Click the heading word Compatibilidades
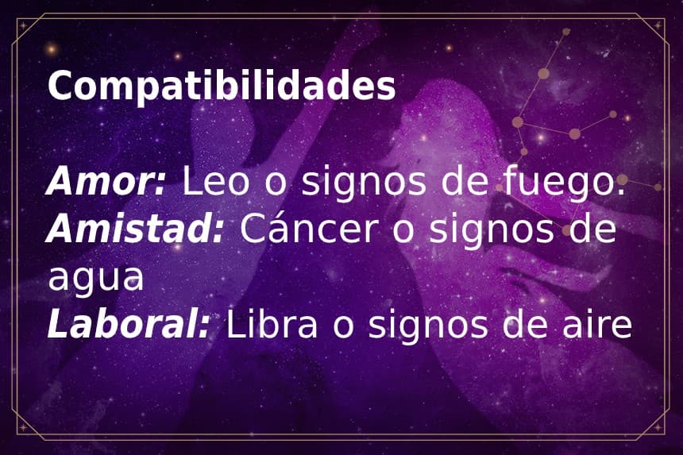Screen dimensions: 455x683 coord(222,87)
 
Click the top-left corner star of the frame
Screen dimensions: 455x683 coord(23,25)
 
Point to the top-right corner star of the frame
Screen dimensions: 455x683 coord(660,25)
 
